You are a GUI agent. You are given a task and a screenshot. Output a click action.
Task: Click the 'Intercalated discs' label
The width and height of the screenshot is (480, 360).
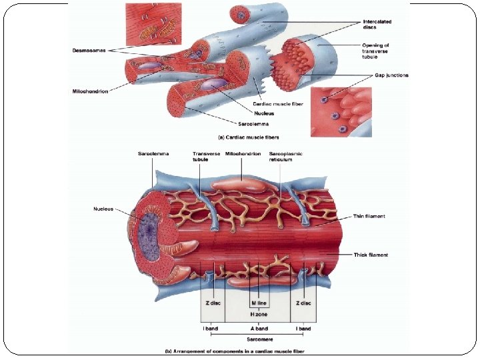377,24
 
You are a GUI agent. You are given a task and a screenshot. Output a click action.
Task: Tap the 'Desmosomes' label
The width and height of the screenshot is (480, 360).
89,50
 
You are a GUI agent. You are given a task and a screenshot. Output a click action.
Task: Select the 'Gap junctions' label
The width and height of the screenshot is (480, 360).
391,75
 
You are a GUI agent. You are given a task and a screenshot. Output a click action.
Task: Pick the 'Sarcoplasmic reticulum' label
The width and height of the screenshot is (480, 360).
285,157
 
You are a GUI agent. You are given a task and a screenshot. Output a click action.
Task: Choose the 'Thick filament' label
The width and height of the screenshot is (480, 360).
371,255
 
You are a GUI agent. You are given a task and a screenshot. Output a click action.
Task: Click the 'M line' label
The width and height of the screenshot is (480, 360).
259,303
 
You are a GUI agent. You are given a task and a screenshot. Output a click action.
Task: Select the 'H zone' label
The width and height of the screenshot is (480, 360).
259,314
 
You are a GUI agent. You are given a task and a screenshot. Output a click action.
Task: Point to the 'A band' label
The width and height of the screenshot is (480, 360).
259,328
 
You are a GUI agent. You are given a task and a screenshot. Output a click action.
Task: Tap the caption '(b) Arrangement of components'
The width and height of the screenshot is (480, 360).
234,351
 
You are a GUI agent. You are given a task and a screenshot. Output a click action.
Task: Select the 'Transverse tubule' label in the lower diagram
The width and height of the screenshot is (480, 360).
206,157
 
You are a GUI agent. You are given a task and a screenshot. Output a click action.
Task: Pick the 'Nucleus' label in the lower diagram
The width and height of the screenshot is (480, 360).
105,209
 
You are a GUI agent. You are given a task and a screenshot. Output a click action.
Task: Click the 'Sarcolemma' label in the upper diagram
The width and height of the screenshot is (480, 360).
253,123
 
